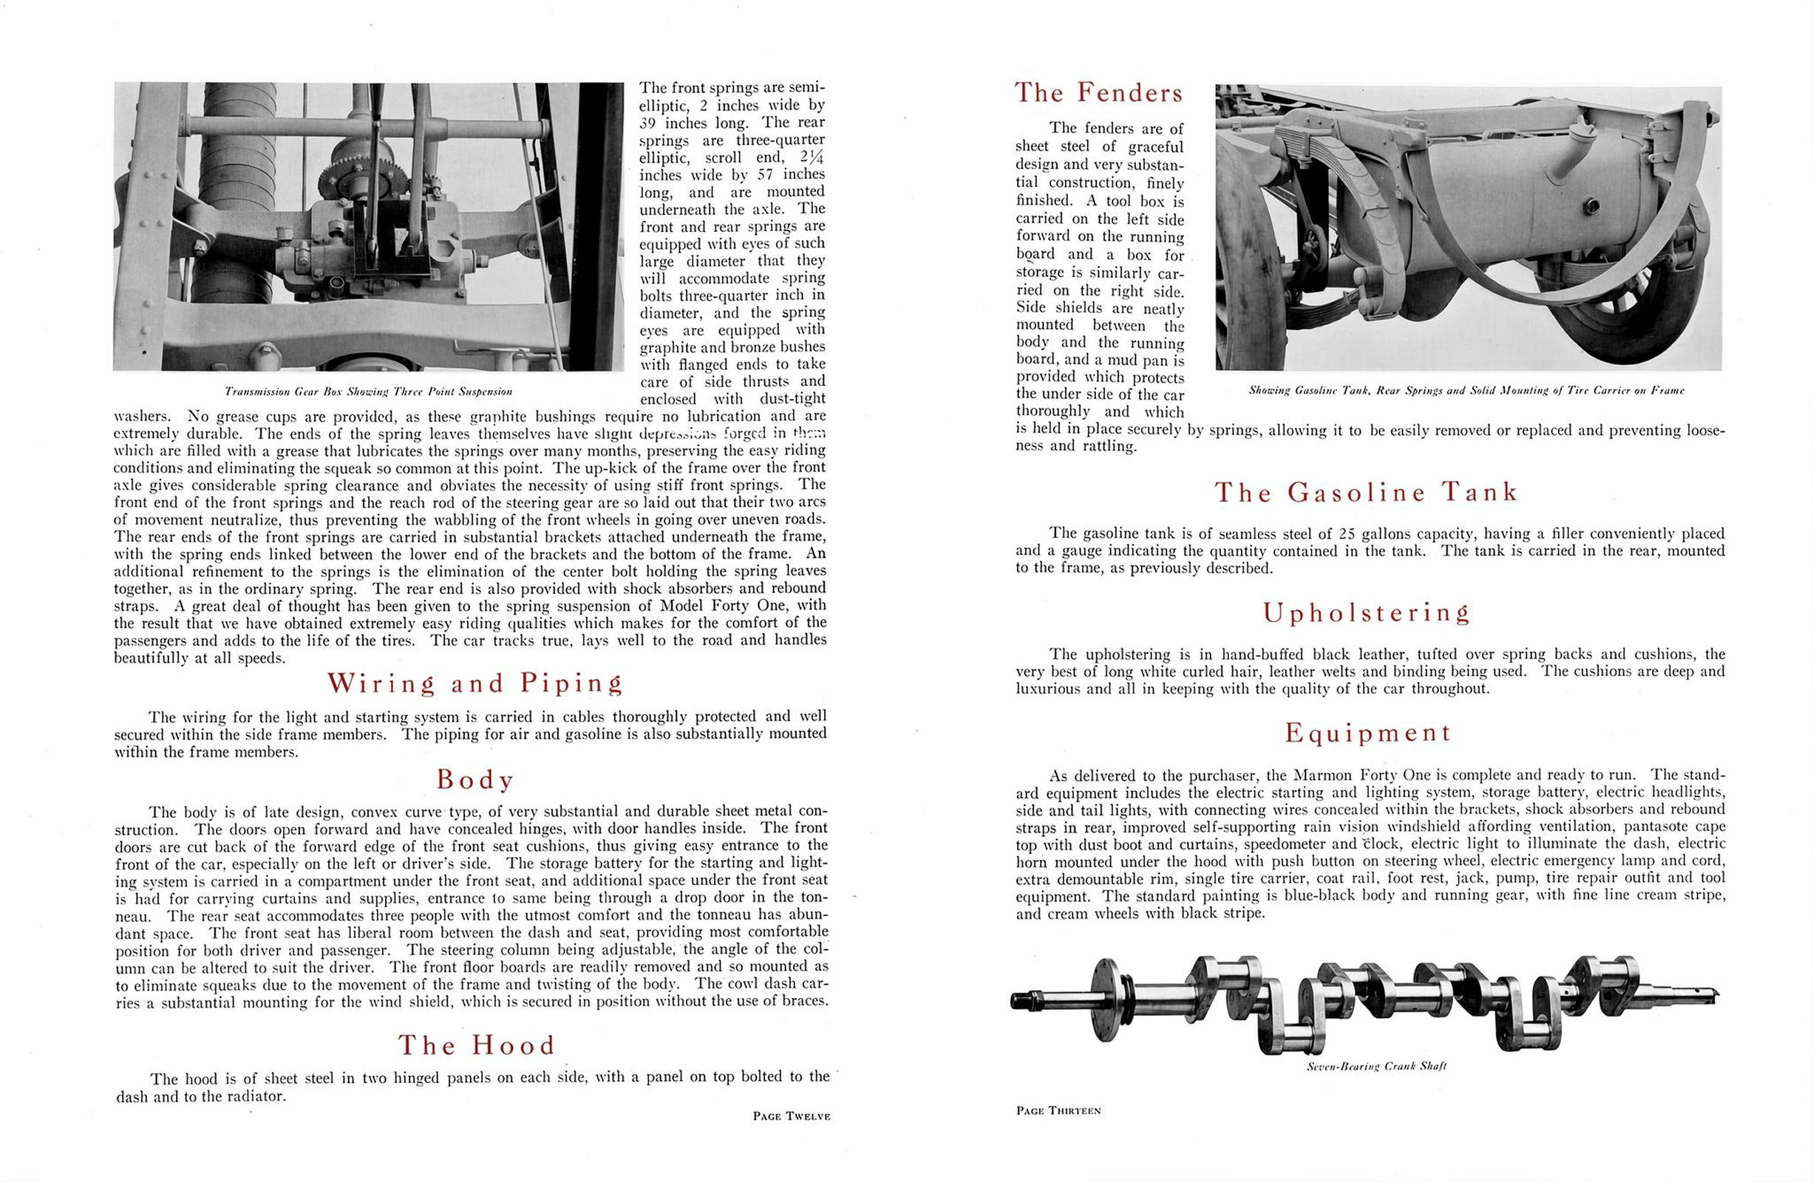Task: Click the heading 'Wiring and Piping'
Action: (x=474, y=683)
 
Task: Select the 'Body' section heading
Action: (x=474, y=779)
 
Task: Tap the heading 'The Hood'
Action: (x=477, y=1045)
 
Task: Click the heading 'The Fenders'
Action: (x=1098, y=93)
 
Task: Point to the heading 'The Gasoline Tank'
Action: (x=1366, y=492)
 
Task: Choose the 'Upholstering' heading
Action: (x=1366, y=612)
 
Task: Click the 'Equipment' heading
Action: (x=1367, y=733)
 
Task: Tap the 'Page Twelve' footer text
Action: (x=791, y=1116)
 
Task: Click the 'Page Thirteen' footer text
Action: (x=1058, y=1110)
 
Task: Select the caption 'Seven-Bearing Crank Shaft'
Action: (x=1375, y=1066)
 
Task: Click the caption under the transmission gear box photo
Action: (x=369, y=392)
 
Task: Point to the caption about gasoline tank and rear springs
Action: (x=1466, y=391)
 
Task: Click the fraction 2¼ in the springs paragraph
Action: (x=812, y=157)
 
